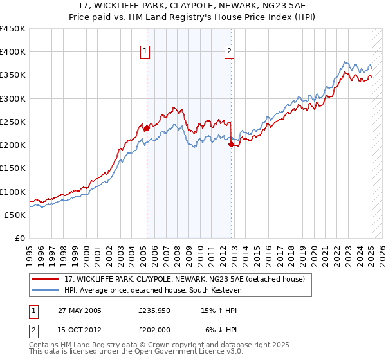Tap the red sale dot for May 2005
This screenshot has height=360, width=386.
[147, 128]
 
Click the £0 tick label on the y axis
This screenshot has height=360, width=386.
[19, 238]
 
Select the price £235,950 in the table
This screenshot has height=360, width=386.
[153, 310]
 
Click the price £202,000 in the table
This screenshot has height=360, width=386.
[153, 330]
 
